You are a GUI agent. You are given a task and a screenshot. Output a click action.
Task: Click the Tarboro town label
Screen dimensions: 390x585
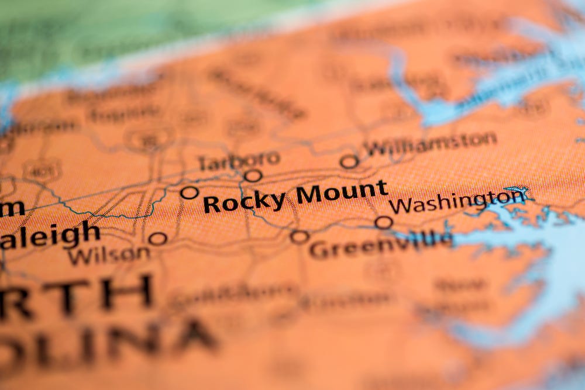coord(239,160)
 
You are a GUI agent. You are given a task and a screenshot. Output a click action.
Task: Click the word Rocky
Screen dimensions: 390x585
coord(244,202)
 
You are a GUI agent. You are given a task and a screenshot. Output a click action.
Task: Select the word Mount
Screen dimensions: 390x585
coord(342,192)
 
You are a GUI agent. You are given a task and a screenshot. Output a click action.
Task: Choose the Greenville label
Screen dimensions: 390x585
coord(380,245)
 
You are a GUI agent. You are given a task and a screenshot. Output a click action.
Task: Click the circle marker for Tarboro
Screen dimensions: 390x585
coord(253,175)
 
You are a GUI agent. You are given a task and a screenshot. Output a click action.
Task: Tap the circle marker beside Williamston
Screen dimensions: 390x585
coord(349,161)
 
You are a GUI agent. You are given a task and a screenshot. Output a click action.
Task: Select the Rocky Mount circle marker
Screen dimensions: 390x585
coord(189,192)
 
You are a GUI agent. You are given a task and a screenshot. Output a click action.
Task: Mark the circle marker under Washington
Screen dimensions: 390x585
coord(384,222)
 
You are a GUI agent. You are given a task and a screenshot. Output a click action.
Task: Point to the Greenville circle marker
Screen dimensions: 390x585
coord(299,237)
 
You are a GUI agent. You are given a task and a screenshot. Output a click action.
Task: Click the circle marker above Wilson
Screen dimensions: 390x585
coord(157,238)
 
